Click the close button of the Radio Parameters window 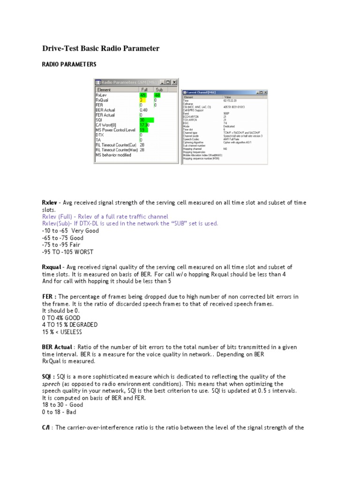tap(174, 82)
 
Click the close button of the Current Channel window tap(264, 92)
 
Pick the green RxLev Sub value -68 tap(157, 94)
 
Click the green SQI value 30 tap(143, 120)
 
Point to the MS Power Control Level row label tap(116, 129)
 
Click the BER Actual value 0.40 tap(144, 110)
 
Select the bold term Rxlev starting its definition tap(49, 202)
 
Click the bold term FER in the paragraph tap(48, 297)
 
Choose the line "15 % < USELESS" tap(62, 332)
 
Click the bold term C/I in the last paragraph tap(46, 427)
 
